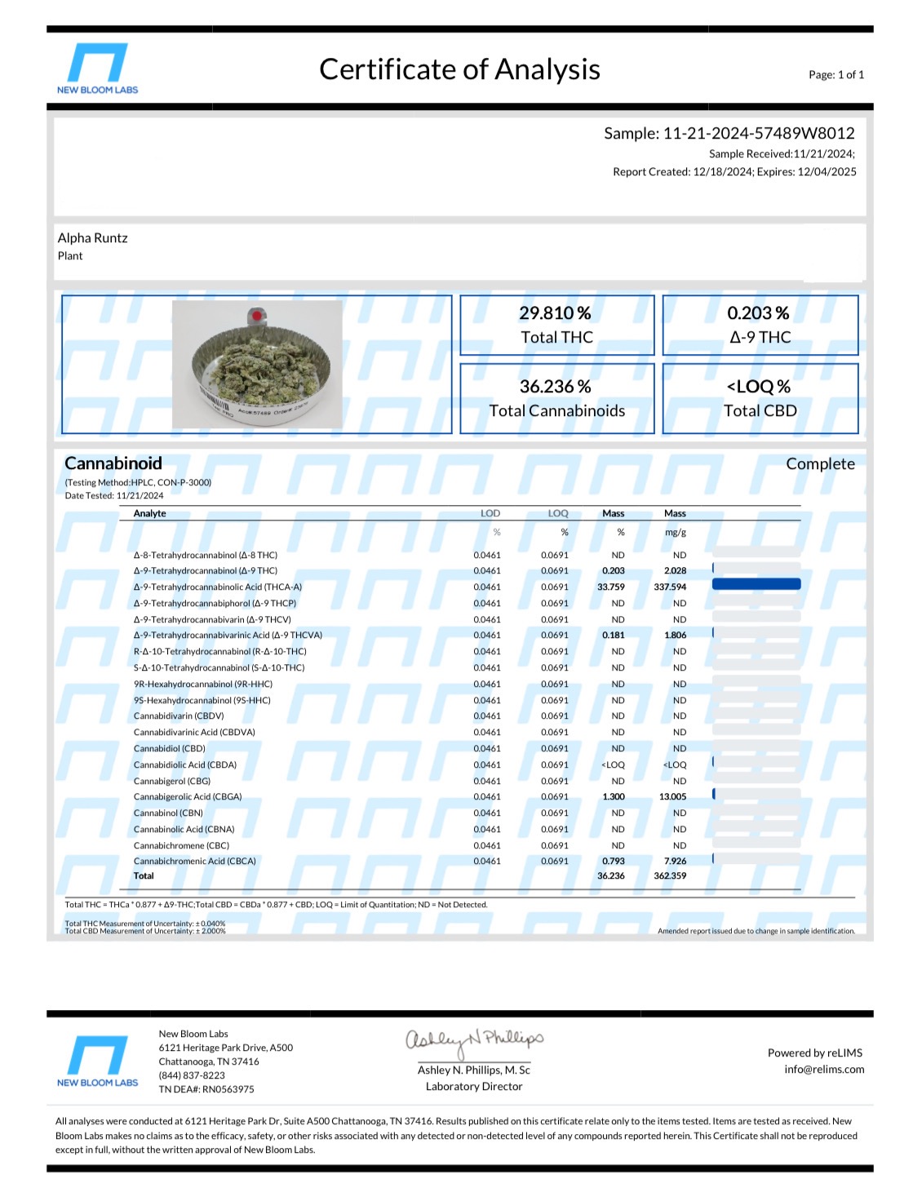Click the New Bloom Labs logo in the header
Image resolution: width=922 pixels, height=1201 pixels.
coord(97,69)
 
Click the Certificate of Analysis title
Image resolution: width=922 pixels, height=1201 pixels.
coord(459,69)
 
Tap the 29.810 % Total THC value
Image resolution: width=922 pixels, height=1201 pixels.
coord(556,313)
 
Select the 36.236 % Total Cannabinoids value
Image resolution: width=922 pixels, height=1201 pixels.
coord(556,387)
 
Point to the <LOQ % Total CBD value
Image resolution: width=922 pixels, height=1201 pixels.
coord(759,387)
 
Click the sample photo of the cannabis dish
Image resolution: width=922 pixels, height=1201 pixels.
coord(257,364)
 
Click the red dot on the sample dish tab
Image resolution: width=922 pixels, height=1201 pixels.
coord(257,316)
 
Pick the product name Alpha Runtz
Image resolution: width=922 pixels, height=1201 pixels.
coord(93,238)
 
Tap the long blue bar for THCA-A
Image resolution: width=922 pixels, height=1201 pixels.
coord(756,584)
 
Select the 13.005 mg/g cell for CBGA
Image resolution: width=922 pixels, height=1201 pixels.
coord(673,797)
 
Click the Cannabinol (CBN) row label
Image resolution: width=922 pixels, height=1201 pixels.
coord(168,813)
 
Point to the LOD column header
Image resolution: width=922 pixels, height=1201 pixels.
coord(490,513)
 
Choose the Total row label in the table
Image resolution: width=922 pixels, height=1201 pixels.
coord(144,876)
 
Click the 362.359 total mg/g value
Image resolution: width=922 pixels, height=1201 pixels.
coord(670,876)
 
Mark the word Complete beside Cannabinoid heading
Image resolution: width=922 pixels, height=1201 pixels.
coord(820,464)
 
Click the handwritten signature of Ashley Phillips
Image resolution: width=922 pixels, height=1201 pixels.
coord(474,1039)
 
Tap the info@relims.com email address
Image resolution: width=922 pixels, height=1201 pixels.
coord(824,1070)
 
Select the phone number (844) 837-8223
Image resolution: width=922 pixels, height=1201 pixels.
coord(192,1075)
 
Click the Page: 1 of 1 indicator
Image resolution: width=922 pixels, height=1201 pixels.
coord(836,75)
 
